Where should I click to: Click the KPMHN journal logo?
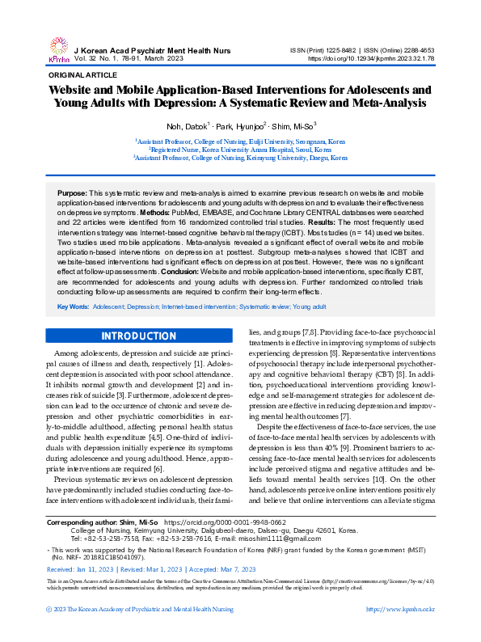(60, 49)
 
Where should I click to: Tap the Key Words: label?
(73, 308)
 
